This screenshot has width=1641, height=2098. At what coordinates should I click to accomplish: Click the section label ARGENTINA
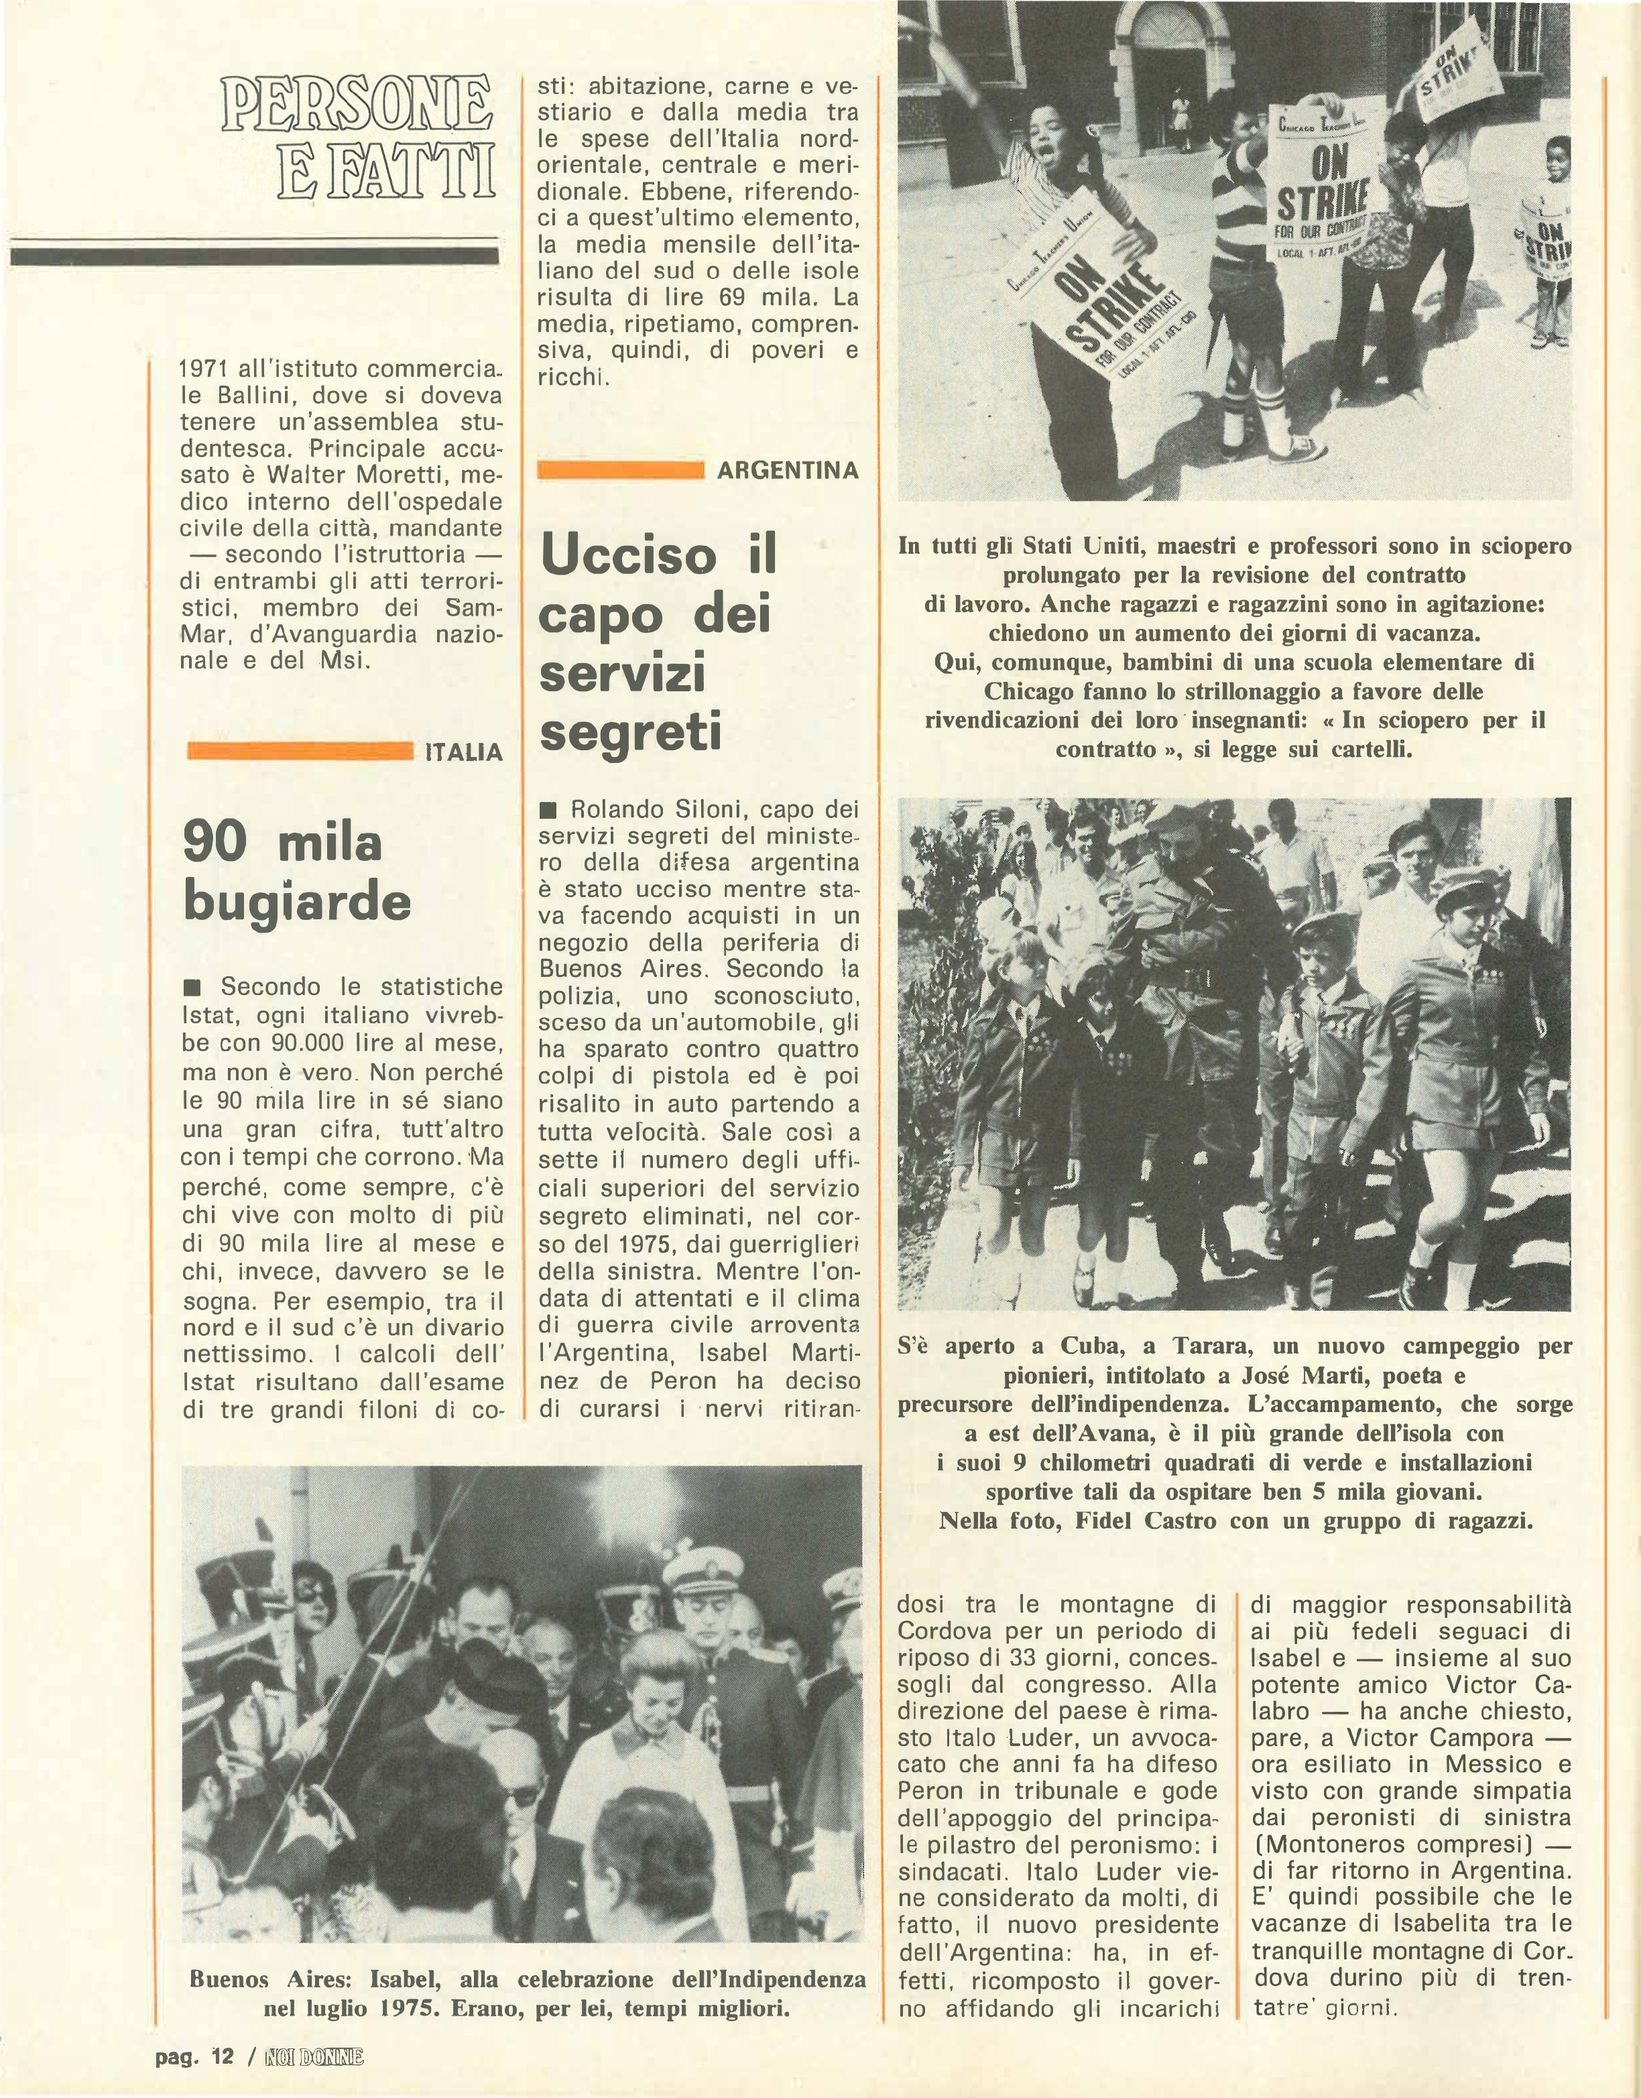tap(787, 471)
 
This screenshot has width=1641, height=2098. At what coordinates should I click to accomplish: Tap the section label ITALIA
tap(464, 752)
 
